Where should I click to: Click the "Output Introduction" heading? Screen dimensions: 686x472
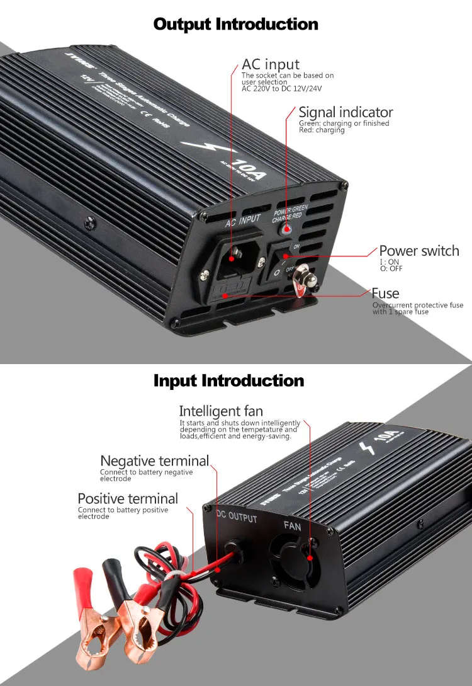coord(236,25)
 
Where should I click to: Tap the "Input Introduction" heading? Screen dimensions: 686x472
coord(228,381)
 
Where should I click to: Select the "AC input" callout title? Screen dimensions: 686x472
coord(271,64)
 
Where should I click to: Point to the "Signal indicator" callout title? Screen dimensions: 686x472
coord(346,112)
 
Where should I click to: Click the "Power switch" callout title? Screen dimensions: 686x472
coord(419,251)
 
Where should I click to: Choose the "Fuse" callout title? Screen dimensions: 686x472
coord(385,293)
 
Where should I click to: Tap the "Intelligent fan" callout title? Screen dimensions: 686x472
coord(221,412)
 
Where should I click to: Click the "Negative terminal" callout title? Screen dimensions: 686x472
coord(154,461)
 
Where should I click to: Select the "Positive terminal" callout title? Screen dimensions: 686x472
coord(128,499)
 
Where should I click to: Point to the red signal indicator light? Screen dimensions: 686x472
coord(287,231)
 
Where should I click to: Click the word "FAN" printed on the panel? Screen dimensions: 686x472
coord(293,525)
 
